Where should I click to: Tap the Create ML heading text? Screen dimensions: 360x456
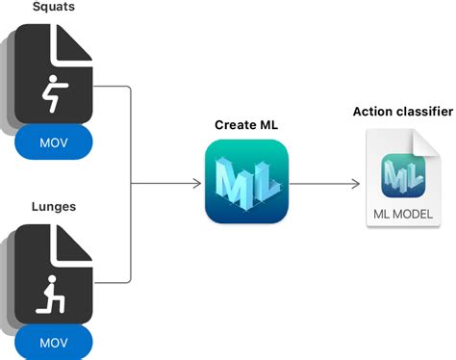[246, 125]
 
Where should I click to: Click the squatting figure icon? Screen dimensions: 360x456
[51, 93]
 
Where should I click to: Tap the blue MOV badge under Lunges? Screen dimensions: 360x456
[53, 342]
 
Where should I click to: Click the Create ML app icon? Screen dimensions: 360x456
[246, 182]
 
